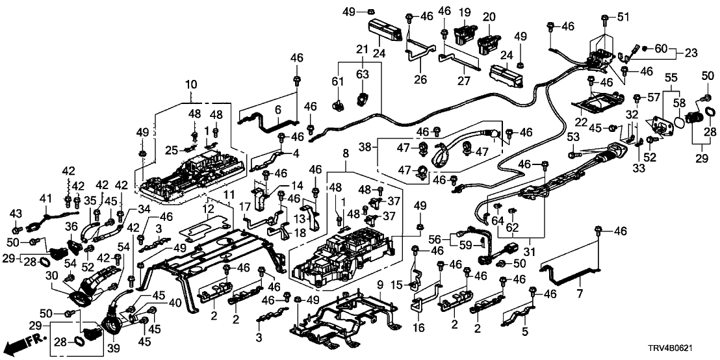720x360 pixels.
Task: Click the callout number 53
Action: pyautogui.click(x=572, y=138)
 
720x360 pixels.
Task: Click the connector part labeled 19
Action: pyautogui.click(x=463, y=30)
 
